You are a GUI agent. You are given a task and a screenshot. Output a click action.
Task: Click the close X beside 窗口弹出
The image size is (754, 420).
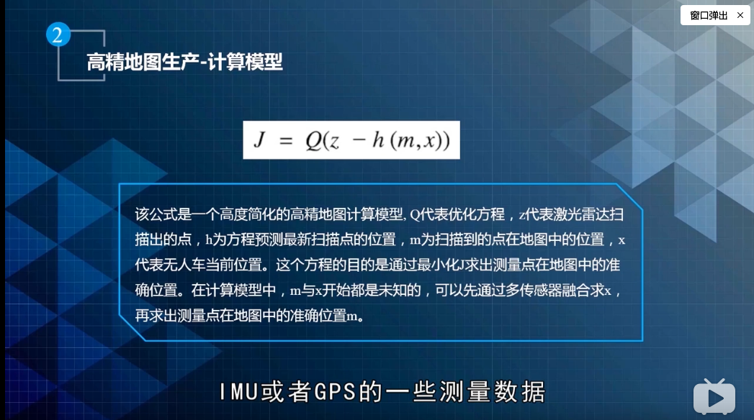(740, 15)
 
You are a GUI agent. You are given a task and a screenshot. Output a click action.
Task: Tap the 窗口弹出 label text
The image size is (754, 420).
(709, 15)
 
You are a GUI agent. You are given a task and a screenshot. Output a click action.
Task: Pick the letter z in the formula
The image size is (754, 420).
(334, 142)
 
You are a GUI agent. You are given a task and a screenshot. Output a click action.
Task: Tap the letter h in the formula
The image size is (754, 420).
(377, 140)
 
